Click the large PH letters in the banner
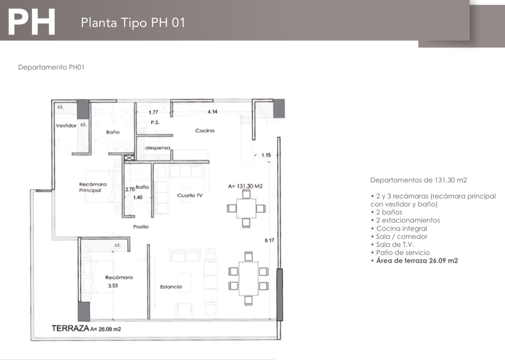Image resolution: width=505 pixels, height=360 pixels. [31, 22]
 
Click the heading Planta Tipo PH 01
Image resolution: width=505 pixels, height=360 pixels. [133, 23]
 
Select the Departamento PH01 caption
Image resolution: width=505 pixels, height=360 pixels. [51, 67]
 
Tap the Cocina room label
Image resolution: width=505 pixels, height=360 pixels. [205, 131]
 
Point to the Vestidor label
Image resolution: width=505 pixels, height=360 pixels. [66, 125]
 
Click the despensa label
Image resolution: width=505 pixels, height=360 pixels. [158, 148]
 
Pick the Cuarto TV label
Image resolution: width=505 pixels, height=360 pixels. [190, 195]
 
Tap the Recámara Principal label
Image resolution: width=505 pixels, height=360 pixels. [93, 187]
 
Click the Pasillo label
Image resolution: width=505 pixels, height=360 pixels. [141, 227]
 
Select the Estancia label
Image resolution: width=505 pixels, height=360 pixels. [171, 287]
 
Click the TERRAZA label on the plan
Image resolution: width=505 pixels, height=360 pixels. [70, 328]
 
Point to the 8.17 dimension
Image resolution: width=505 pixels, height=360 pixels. [269, 240]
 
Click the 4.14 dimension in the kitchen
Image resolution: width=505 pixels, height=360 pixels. [213, 112]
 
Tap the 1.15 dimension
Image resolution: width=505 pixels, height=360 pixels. [266, 155]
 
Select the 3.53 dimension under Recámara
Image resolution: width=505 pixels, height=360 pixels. [113, 286]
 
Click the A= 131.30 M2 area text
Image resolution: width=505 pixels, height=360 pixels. [245, 186]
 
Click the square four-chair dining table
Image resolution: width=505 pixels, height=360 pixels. [246, 208]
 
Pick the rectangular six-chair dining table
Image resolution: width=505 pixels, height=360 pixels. [248, 279]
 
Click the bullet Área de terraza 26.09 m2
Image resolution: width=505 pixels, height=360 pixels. [415, 261]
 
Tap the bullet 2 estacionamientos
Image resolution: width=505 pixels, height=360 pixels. [405, 220]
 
